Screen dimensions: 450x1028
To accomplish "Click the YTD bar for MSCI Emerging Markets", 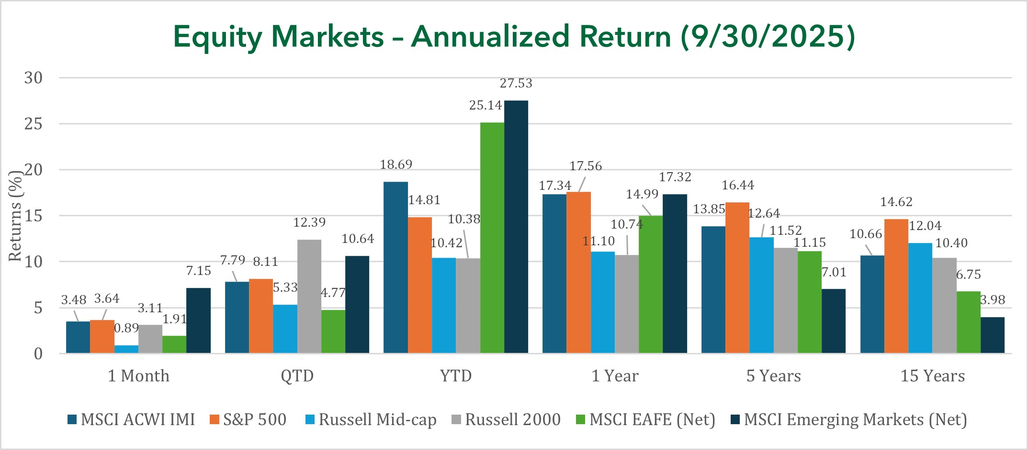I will (x=516, y=227).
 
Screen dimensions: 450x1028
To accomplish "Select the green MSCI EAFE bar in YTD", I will (x=492, y=238).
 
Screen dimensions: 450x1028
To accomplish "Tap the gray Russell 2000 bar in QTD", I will (x=309, y=296).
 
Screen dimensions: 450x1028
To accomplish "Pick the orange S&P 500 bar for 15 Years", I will (x=896, y=286).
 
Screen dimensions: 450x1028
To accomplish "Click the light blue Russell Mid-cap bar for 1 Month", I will (x=126, y=349).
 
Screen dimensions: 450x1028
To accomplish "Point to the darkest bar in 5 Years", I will (x=834, y=321).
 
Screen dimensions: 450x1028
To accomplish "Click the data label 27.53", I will (x=516, y=83).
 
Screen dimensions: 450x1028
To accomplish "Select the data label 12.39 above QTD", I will (x=309, y=222).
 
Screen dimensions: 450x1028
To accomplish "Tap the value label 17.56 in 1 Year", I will (x=586, y=166).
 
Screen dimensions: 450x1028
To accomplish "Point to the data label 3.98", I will (x=993, y=300).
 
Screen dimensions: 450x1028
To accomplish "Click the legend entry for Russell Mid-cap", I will (x=371, y=419).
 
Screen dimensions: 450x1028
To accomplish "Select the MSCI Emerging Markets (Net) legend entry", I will (x=849, y=419).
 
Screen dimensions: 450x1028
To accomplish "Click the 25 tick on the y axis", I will (x=34, y=124).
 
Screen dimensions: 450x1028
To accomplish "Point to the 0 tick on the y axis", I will (x=38, y=354).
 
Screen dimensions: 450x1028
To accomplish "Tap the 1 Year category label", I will (x=615, y=376).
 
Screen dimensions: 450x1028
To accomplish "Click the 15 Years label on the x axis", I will (x=933, y=376).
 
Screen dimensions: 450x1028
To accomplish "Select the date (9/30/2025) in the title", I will (x=768, y=36).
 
